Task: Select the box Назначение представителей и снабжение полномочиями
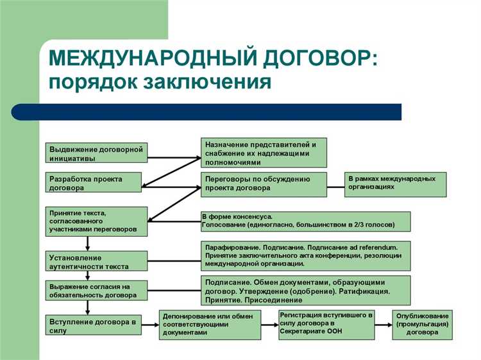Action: pos(264,153)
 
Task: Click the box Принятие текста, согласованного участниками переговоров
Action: pos(96,221)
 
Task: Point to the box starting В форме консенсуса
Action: pos(305,221)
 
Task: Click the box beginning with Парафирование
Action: pos(305,255)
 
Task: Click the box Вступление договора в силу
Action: pos(94,325)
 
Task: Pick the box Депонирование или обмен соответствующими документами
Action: pos(210,325)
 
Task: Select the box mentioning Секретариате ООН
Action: pos(326,325)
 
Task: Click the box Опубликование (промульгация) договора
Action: pos(422,325)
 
